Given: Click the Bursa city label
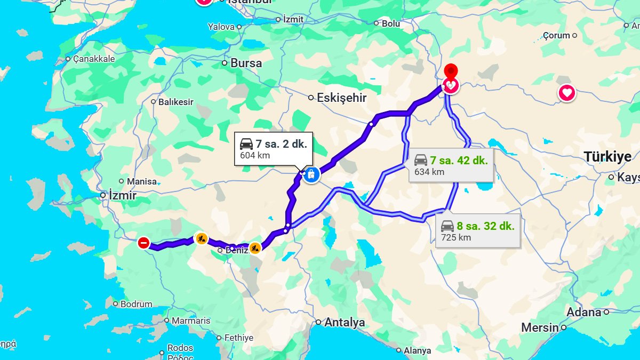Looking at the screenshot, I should click(x=246, y=63).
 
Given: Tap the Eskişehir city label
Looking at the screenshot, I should click(x=342, y=98).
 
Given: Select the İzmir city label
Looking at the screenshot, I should click(x=122, y=196).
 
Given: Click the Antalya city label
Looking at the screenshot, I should click(x=345, y=322).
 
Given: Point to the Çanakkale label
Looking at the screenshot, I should click(x=94, y=59).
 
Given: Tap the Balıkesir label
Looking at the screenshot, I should click(x=175, y=102).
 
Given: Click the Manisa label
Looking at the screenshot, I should click(x=141, y=181).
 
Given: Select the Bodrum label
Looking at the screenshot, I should click(x=137, y=304).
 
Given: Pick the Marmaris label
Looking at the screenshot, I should click(x=190, y=321).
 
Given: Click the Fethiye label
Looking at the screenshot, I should click(x=238, y=338).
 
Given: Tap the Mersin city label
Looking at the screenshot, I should click(x=540, y=327).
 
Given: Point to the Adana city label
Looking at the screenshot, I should click(x=583, y=312).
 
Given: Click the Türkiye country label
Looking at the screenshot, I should click(x=607, y=157).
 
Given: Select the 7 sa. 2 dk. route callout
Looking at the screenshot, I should click(x=274, y=148).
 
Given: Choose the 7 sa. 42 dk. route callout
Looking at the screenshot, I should click(x=451, y=165).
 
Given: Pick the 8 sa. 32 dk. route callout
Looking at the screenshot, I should click(x=477, y=230).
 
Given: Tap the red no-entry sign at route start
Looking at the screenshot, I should click(x=143, y=243).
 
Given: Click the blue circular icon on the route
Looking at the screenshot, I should click(x=311, y=174).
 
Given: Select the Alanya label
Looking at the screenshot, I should click(x=417, y=350).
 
